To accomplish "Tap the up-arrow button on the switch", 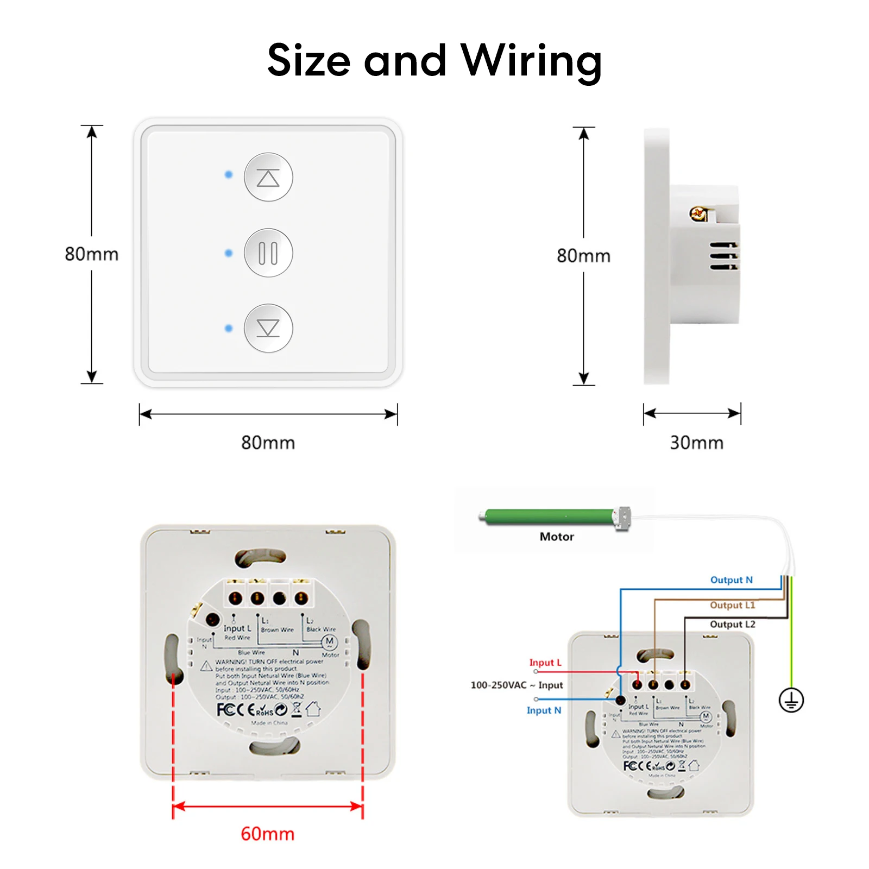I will pos(268,177).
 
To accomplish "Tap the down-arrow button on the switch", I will pos(268,328).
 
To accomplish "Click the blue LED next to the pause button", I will pos(229,253).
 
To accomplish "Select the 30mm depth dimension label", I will pos(696,443).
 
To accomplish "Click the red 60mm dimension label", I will pos(267,834).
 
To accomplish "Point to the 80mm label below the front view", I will pos(268,443).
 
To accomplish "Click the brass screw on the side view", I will pos(698,213).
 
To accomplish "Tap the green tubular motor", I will pos(549,516).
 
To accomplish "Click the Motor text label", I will pos(557,537).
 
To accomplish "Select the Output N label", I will pos(731,580).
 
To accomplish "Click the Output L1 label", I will pos(732,605).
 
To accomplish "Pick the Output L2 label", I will pos(732,624).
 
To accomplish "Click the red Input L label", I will pos(545,663).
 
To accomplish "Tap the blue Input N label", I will pos(544,710).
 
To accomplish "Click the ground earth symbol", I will pos(791,700).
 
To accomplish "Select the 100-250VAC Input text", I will pos(517,685).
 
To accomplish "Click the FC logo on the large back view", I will pos(225,710).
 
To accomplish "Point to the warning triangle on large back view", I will pos(206,666).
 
